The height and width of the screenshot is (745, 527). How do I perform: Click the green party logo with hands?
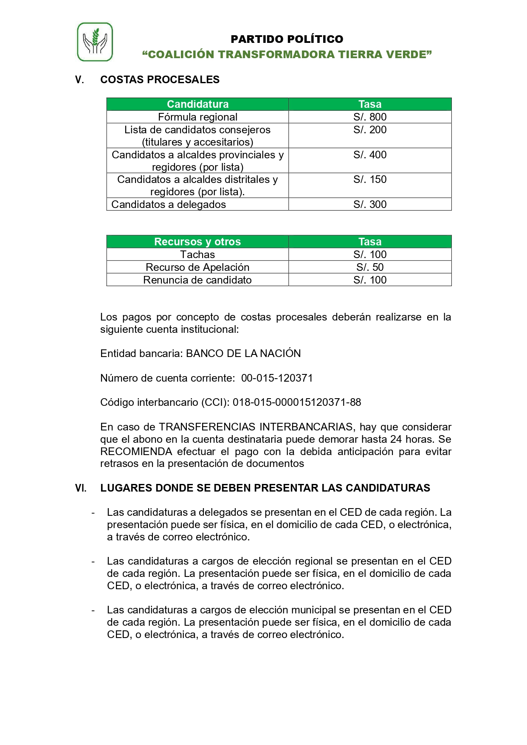(x=95, y=42)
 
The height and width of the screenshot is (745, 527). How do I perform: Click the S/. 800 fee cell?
(x=369, y=117)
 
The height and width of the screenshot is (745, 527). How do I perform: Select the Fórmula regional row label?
(x=197, y=117)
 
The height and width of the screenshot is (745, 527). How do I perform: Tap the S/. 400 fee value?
(x=369, y=155)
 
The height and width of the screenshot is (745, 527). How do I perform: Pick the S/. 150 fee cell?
(x=369, y=180)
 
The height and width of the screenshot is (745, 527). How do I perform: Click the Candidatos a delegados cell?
(x=169, y=205)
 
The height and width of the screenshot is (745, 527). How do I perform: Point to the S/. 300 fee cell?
(x=369, y=205)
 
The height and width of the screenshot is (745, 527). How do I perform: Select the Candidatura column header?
(x=197, y=104)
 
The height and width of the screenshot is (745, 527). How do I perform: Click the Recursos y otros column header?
(x=197, y=242)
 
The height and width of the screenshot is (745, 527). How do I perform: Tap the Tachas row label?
(x=197, y=255)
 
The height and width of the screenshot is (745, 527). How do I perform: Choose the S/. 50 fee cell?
(x=369, y=267)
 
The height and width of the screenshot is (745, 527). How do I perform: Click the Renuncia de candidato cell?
(x=197, y=280)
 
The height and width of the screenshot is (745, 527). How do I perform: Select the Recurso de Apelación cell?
(x=197, y=267)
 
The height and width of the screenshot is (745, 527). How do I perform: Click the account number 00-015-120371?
(x=277, y=378)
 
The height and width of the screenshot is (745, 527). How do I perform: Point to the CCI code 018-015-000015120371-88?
(x=297, y=402)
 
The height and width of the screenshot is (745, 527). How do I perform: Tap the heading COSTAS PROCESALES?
(x=160, y=80)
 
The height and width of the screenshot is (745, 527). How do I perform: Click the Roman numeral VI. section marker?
(x=81, y=488)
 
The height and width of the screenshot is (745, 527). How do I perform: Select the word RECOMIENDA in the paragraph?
(x=136, y=452)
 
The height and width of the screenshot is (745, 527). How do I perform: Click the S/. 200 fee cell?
(x=369, y=130)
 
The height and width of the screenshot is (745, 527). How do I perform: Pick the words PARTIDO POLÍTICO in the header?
(x=287, y=39)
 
